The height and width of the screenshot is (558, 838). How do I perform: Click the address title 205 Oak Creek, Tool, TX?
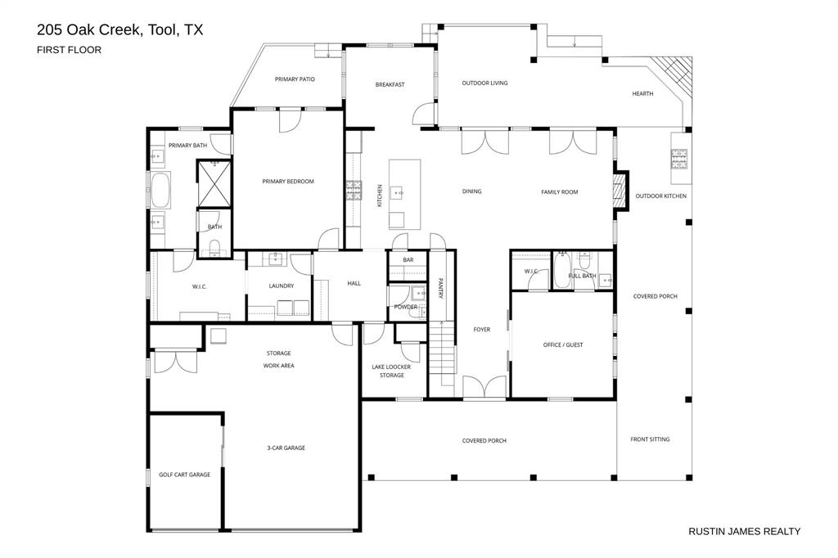(x=119, y=30)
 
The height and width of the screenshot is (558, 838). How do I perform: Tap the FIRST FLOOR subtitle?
(x=69, y=50)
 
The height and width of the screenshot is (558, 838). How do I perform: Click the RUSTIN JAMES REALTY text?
(x=745, y=531)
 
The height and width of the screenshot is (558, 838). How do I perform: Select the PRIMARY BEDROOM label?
(x=287, y=182)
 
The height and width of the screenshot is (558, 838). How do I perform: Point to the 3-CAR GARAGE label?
(x=286, y=448)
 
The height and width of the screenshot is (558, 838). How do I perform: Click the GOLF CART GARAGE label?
(x=184, y=475)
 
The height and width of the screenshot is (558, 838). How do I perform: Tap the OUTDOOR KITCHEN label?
(x=660, y=196)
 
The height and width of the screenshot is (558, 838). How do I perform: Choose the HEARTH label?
(x=642, y=94)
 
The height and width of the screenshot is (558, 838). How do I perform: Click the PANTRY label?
(x=440, y=288)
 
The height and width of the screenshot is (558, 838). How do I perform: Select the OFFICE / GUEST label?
(x=563, y=344)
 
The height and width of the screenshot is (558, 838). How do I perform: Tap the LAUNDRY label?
(x=281, y=286)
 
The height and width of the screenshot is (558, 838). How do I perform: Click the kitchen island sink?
(x=399, y=193)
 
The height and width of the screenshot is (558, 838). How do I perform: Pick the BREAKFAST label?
(x=390, y=84)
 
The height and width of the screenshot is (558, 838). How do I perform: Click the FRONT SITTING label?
(x=650, y=439)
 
